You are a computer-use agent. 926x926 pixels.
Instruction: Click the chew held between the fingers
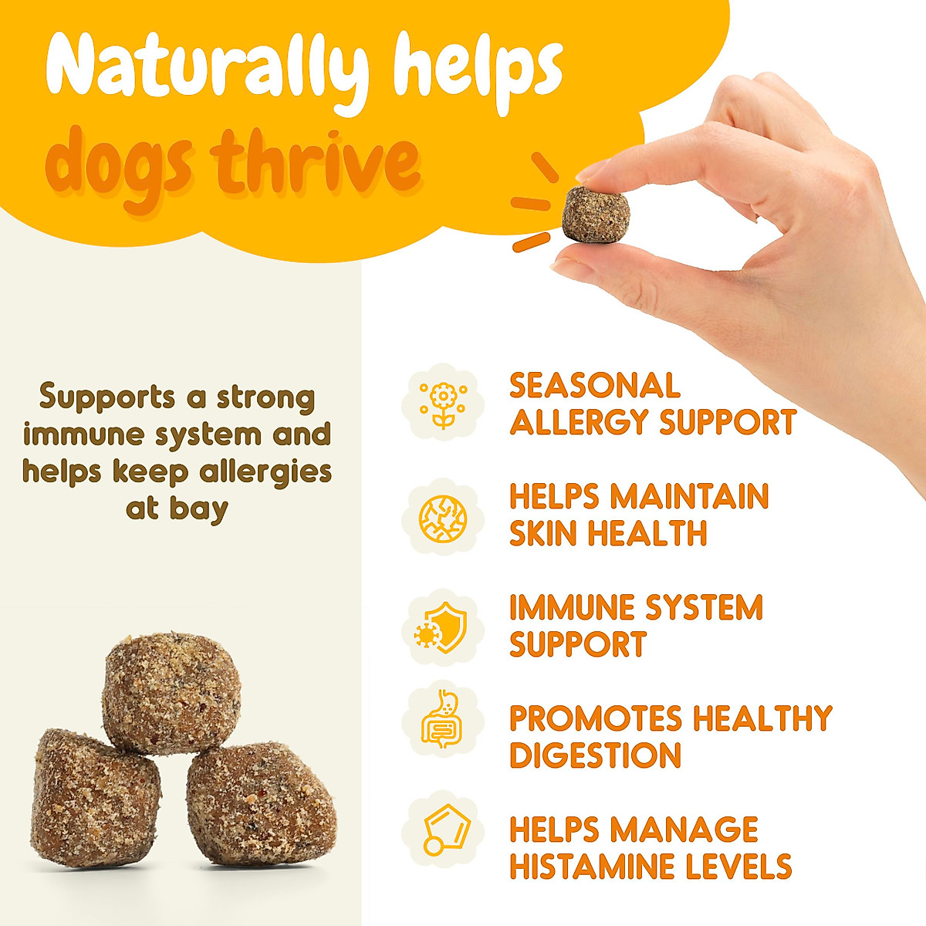(x=596, y=214)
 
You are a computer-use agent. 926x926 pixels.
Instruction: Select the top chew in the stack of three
(x=171, y=692)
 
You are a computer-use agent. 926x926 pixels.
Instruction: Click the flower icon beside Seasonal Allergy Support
(x=443, y=403)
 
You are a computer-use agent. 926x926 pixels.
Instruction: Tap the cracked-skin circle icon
(x=443, y=516)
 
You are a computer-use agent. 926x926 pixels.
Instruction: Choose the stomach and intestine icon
(x=442, y=718)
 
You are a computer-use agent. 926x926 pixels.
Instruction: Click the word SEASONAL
(x=594, y=386)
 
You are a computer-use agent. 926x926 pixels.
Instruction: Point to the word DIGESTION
(x=595, y=755)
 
